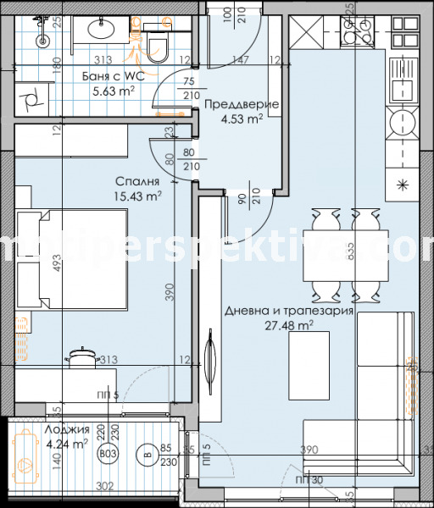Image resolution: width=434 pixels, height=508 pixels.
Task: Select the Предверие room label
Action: click(x=241, y=105)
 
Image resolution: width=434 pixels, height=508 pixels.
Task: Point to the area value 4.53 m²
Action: click(x=241, y=119)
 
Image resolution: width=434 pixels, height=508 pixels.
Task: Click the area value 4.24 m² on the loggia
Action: click(x=66, y=443)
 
